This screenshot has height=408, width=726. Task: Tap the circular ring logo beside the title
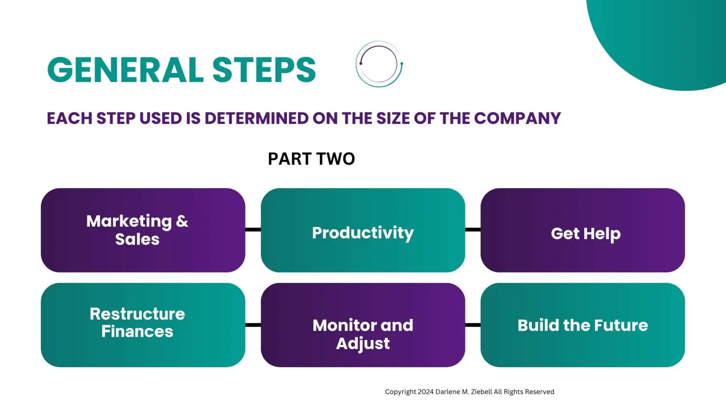pyautogui.click(x=379, y=64)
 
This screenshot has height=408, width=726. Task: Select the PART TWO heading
pyautogui.click(x=311, y=159)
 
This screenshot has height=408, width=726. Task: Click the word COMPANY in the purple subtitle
pyautogui.click(x=517, y=118)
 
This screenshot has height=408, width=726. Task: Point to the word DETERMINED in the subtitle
pyautogui.click(x=256, y=118)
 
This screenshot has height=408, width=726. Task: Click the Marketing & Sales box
pyautogui.click(x=143, y=230)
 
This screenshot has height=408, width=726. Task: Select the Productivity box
pyautogui.click(x=363, y=230)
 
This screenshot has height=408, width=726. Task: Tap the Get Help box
pyautogui.click(x=582, y=230)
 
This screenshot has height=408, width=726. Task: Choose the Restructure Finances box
pyautogui.click(x=143, y=325)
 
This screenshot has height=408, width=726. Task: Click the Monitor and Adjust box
pyautogui.click(x=363, y=325)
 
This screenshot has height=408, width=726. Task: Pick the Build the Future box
pyautogui.click(x=582, y=325)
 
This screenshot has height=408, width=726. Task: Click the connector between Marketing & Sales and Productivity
pyautogui.click(x=253, y=230)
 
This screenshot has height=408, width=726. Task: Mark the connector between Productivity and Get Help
pyautogui.click(x=473, y=230)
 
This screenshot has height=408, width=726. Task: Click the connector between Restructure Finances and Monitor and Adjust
pyautogui.click(x=253, y=325)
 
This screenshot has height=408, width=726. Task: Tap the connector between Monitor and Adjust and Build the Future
pyautogui.click(x=473, y=325)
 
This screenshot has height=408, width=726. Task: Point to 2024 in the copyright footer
pyautogui.click(x=426, y=392)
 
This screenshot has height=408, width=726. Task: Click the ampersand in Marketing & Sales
pyautogui.click(x=182, y=221)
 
